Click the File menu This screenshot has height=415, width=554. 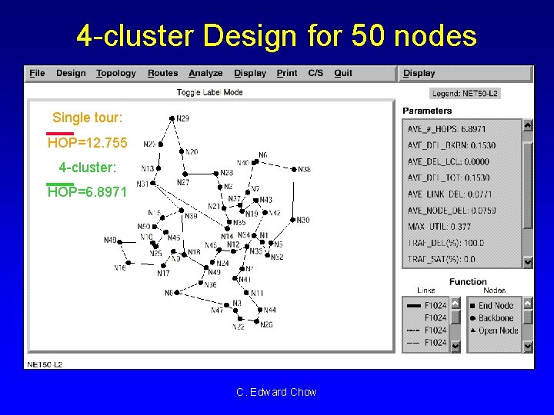[37, 73]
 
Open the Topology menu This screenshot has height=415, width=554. [115, 73]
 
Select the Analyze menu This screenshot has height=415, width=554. [205, 73]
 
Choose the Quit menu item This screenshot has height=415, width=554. [343, 73]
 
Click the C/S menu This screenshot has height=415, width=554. [315, 73]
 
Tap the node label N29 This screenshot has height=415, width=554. [182, 118]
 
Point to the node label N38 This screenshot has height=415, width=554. [304, 169]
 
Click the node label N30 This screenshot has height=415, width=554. [302, 220]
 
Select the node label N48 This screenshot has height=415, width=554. [110, 241]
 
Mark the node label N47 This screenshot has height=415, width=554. [217, 310]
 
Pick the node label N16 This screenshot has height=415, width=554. [120, 268]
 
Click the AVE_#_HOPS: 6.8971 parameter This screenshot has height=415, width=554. [446, 128]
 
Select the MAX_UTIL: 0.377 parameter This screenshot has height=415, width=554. [439, 227]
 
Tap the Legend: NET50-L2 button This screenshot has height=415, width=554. [465, 94]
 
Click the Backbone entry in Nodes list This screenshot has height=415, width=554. [496, 317]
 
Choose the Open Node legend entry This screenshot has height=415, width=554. [498, 330]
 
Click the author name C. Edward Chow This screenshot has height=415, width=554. [276, 392]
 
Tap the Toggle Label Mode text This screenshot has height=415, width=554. [209, 92]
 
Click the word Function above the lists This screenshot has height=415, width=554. [468, 282]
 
